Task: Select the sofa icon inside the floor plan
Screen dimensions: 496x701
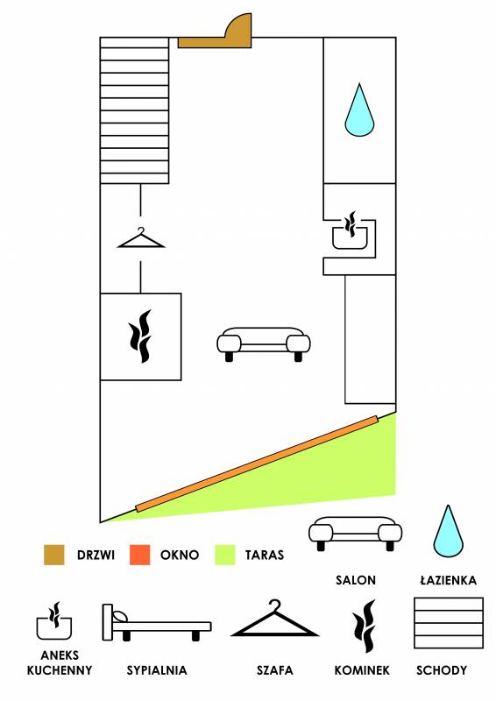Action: coord(264,344)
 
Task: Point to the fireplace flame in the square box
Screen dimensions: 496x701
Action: coord(140,336)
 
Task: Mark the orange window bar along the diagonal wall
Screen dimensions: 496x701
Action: coord(257,464)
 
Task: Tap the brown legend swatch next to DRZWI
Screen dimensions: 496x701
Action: coord(54,555)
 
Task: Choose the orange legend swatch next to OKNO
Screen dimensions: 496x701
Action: coord(139,555)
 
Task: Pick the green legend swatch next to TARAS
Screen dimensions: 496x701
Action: coord(225,555)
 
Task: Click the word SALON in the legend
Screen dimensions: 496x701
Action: coord(356,580)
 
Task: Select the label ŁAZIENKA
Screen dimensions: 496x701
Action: coord(448,580)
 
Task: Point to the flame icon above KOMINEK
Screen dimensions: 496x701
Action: coord(364,626)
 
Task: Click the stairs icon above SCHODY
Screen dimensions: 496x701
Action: coord(449,623)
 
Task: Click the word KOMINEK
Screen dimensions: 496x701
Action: coord(362,670)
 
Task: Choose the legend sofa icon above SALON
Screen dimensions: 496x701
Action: coord(355,534)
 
